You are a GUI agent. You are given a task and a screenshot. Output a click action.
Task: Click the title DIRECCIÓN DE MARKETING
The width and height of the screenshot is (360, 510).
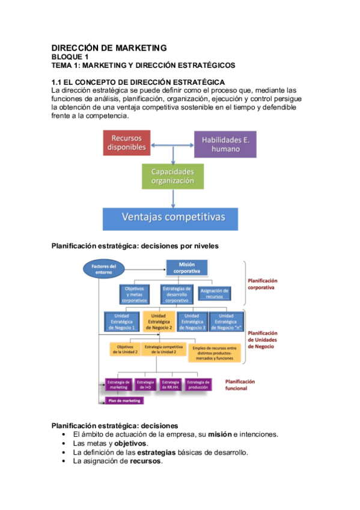pyautogui.click(x=109, y=48)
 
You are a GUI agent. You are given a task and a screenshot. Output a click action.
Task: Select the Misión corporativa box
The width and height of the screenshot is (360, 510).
pyautogui.click(x=186, y=268)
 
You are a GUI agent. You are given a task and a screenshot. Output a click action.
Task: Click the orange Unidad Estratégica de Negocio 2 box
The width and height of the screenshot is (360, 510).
pyautogui.click(x=159, y=322)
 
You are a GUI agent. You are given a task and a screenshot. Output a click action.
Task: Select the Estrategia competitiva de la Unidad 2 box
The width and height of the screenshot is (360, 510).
pyautogui.click(x=163, y=349)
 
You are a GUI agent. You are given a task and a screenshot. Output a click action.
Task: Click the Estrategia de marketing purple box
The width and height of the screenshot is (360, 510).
pyautogui.click(x=118, y=385)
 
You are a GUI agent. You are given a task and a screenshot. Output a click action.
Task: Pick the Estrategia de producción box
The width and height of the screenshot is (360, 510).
pyautogui.click(x=198, y=385)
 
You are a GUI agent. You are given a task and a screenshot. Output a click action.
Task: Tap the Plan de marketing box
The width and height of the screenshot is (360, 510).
pyautogui.click(x=123, y=400)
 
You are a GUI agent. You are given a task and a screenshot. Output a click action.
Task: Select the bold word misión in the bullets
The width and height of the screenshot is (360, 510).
pyautogui.click(x=221, y=434)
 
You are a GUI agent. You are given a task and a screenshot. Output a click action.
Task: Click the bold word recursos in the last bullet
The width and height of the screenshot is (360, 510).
pyautogui.click(x=145, y=461)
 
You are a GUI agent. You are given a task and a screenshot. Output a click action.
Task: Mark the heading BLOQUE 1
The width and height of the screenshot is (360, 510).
pyautogui.click(x=70, y=57)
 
